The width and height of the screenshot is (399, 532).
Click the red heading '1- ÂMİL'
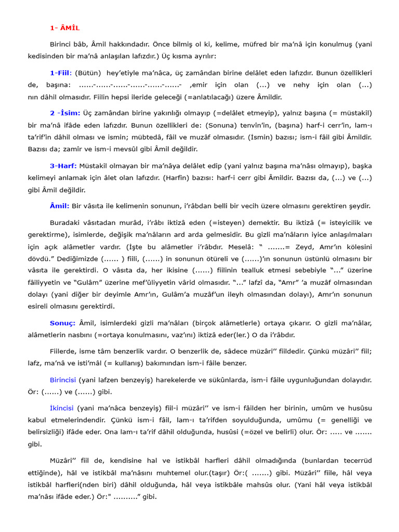[x=65, y=28]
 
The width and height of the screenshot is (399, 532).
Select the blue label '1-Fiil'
[x=61, y=73]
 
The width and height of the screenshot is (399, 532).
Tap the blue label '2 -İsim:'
[x=65, y=113]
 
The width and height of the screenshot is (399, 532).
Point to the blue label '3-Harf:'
[x=63, y=166]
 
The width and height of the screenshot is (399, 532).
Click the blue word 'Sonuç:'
[x=63, y=323]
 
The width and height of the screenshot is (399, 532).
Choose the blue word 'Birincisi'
[x=63, y=380]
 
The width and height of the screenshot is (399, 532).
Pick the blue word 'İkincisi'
[x=62, y=408]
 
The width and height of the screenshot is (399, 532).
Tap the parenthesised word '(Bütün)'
[x=88, y=73]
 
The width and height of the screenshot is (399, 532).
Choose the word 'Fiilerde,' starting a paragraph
[x=65, y=351]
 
